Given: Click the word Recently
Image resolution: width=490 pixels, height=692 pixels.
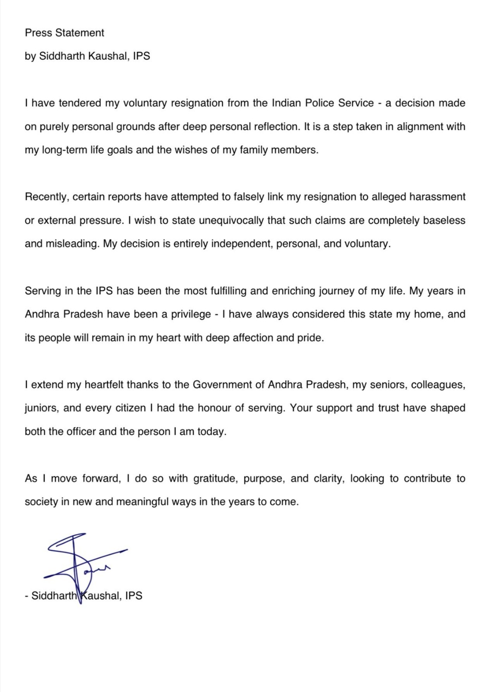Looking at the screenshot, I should [x=47, y=197].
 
